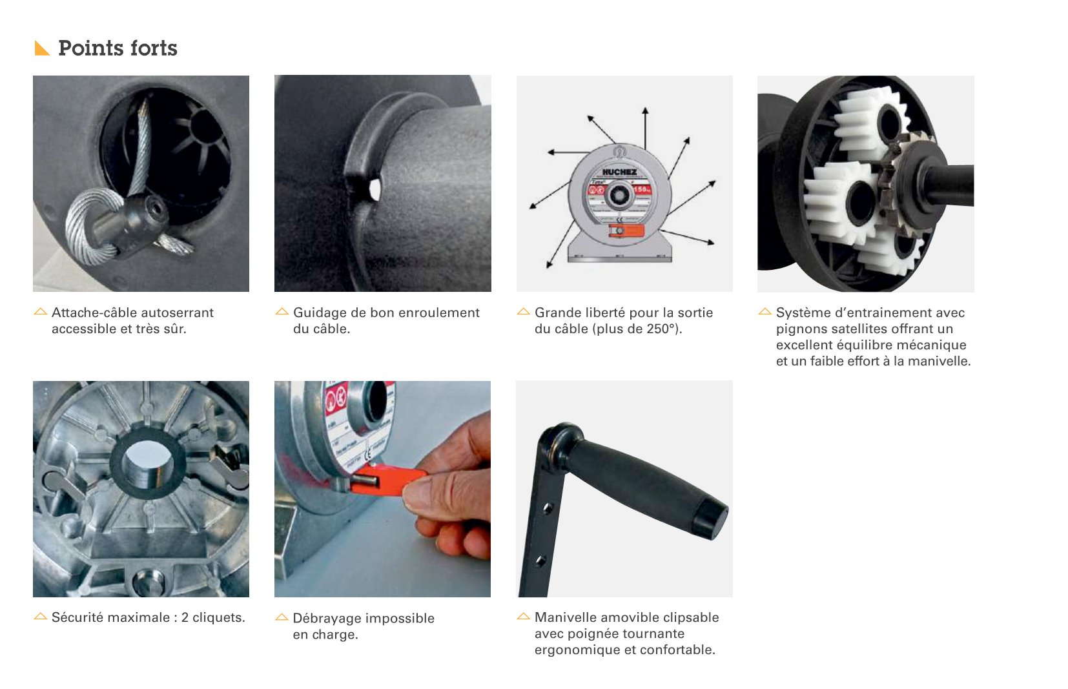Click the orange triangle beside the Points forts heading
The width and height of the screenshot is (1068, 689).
click(x=41, y=48)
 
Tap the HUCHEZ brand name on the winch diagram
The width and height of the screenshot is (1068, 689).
click(x=619, y=172)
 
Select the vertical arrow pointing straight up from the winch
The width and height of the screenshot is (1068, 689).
click(x=645, y=129)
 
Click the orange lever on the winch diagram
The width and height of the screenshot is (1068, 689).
click(x=626, y=231)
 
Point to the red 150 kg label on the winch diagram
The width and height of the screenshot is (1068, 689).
click(x=641, y=189)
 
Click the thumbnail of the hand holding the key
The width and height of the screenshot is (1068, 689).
click(x=382, y=489)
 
